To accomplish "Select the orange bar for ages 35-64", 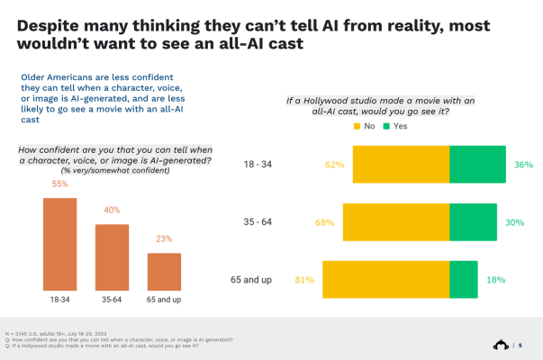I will click(113, 256).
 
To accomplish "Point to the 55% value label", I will click(60, 184).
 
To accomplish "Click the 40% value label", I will click(113, 211).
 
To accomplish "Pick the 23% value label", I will click(164, 239).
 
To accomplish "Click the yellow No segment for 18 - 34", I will click(401, 166).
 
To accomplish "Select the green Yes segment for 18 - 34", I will click(477, 166).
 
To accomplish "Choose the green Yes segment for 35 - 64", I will click(472, 222).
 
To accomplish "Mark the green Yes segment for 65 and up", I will click(463, 279).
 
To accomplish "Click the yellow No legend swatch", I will click(356, 127).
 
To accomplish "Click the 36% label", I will click(524, 166).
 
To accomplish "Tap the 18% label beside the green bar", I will click(495, 280).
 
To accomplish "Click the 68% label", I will click(324, 222).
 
